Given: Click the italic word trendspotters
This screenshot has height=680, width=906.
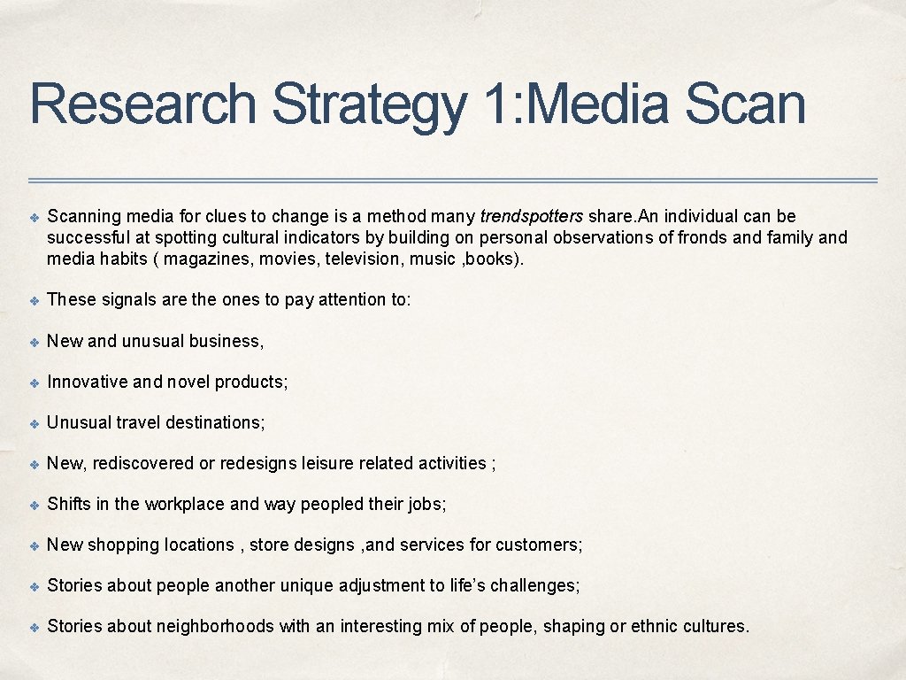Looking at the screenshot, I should [x=531, y=217].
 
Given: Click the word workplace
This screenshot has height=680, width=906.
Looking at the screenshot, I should [x=184, y=504].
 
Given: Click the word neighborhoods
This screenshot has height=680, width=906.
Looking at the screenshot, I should [x=215, y=626].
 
